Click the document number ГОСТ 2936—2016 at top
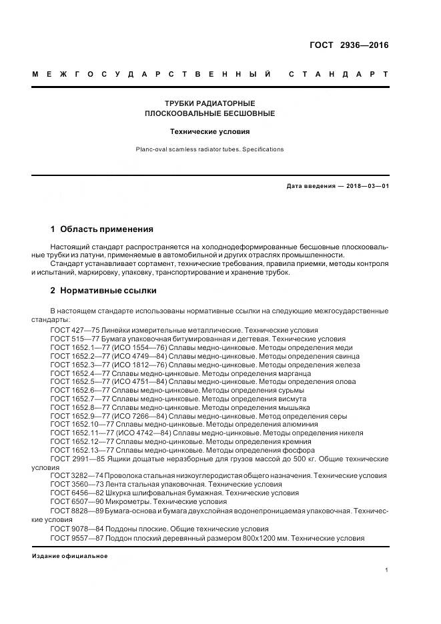pyautogui.click(x=349, y=45)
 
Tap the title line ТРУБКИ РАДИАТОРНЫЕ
pyautogui.click(x=210, y=103)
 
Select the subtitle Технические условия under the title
pyautogui.click(x=209, y=131)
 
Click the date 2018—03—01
pyautogui.click(x=363, y=186)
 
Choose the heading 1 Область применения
pyautogui.click(x=101, y=229)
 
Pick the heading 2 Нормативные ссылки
pyautogui.click(x=103, y=291)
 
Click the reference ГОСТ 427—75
pyautogui.click(x=74, y=330)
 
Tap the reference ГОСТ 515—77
pyautogui.click(x=74, y=339)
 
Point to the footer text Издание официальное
pyautogui.click(x=69, y=556)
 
